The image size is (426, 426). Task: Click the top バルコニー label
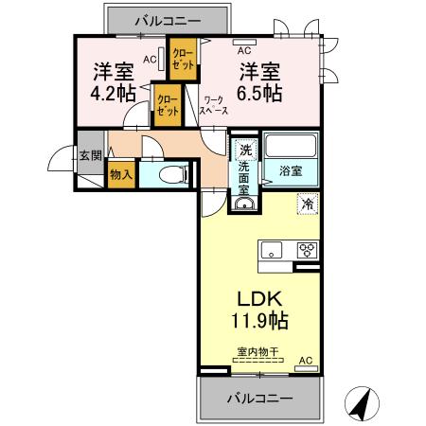(167, 19)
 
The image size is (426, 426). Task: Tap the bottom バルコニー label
(258, 399)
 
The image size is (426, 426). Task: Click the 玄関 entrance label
(89, 156)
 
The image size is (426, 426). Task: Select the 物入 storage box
(120, 174)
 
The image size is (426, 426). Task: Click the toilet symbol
(171, 174)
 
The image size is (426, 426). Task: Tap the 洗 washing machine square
(245, 149)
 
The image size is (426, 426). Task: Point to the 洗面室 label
(244, 177)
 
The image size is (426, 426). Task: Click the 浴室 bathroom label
(290, 171)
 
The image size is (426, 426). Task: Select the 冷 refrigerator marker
(307, 203)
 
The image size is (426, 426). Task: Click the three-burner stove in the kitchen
(306, 251)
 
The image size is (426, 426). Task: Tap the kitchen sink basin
(273, 251)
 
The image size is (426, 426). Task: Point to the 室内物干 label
(257, 352)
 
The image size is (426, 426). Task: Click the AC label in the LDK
(306, 361)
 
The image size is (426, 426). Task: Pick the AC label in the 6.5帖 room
(243, 49)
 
